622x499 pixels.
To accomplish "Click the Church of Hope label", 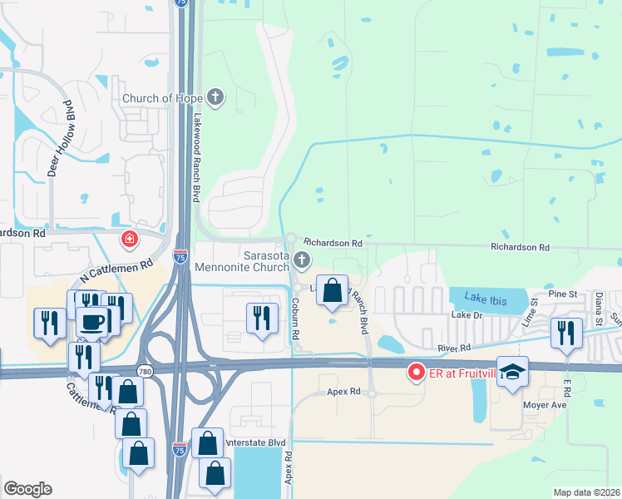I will pyautogui.click(x=162, y=98).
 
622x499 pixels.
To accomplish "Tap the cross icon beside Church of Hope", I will pyautogui.click(x=215, y=97).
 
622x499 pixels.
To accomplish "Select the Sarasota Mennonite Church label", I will pyautogui.click(x=241, y=260).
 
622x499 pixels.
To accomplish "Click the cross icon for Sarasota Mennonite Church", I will pyautogui.click(x=301, y=262).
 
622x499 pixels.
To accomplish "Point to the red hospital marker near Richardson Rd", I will pyautogui.click(x=129, y=240).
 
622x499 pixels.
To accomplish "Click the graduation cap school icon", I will pyautogui.click(x=513, y=372).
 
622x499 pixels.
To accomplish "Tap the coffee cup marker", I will pyautogui.click(x=92, y=320).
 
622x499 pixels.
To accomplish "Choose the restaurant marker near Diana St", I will pyautogui.click(x=569, y=332).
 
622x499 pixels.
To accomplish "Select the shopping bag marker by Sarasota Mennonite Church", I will pyautogui.click(x=332, y=291).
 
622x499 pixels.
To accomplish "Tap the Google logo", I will pyautogui.click(x=27, y=489).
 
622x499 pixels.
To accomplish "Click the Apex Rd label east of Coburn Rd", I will pyautogui.click(x=343, y=390).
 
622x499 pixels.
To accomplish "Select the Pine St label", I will pyautogui.click(x=562, y=294).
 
